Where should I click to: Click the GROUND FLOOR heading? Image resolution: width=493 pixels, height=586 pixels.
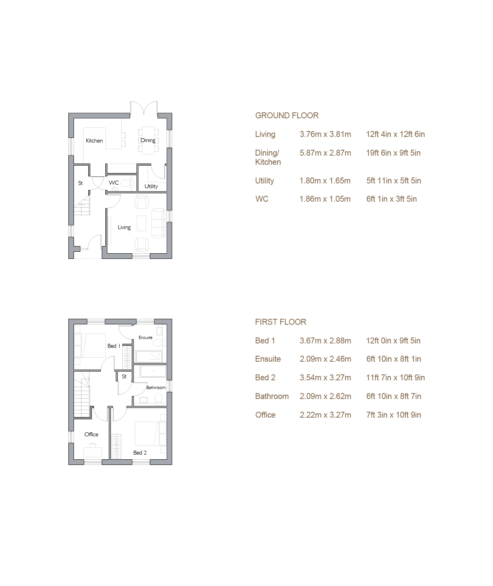[287, 116]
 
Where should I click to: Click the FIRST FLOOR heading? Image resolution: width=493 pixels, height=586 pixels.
[281, 322]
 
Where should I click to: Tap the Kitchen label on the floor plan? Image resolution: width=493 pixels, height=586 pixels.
[94, 141]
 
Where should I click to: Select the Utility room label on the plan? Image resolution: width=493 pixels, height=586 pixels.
[151, 186]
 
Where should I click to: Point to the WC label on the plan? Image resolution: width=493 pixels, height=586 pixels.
[114, 182]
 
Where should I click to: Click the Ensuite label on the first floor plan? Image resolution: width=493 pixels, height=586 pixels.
[146, 337]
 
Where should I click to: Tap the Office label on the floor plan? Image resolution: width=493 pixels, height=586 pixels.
[91, 434]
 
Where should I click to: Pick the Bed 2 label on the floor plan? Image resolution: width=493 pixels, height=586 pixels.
[140, 453]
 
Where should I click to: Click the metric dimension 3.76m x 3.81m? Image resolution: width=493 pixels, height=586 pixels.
[325, 134]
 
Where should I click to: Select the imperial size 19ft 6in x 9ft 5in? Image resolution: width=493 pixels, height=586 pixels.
[393, 153]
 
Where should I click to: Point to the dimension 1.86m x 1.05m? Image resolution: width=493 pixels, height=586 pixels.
[325, 199]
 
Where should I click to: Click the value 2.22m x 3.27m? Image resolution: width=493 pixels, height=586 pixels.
[325, 415]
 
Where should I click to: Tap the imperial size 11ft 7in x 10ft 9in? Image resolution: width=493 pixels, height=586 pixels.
[395, 378]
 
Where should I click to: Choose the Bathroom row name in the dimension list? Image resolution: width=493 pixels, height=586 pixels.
[272, 396]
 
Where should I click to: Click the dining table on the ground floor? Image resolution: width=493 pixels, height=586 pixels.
[148, 140]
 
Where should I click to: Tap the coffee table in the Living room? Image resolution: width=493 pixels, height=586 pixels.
[142, 223]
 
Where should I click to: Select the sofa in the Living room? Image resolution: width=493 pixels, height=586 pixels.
[158, 223]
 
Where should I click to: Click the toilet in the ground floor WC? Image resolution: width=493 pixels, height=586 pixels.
[126, 183]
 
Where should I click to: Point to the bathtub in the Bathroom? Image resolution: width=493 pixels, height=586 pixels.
[153, 371]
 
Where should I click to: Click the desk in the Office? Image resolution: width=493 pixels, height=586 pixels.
[93, 452]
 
